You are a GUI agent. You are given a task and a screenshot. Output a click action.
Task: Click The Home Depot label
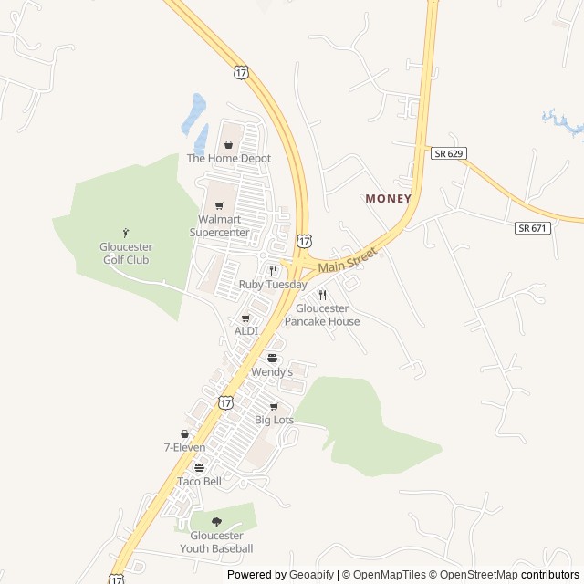coord(229,158)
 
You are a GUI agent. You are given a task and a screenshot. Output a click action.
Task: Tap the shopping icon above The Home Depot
coord(229,144)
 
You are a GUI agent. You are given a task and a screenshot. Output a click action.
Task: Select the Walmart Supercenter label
coord(219,225)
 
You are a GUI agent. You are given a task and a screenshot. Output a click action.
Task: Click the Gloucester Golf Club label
coord(126,254)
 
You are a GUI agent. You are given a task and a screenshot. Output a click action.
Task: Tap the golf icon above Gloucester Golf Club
coord(126,233)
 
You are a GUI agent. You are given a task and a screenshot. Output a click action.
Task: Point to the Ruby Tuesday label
coord(273,285)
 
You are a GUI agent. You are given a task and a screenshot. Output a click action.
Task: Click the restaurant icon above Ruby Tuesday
coord(273,270)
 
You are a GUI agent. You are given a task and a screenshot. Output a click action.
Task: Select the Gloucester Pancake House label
coord(322,315)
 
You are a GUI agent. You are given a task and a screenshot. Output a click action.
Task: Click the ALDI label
coord(246,330)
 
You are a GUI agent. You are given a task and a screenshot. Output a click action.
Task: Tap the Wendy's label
coord(272,372)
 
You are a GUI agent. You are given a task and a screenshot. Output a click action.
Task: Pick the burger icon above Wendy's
coord(272,359)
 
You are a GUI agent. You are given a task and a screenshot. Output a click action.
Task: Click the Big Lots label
coord(274,420)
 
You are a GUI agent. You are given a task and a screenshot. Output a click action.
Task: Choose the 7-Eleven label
coord(184,447)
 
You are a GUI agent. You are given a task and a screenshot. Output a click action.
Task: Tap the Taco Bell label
coord(199,481)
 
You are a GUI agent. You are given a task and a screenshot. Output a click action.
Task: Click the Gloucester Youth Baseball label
coord(216,542)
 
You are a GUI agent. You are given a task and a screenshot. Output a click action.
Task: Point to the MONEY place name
coord(389,198)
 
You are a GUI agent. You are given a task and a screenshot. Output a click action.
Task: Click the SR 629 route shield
coord(449,153)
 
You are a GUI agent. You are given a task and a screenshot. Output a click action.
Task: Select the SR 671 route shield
coord(533,228)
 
